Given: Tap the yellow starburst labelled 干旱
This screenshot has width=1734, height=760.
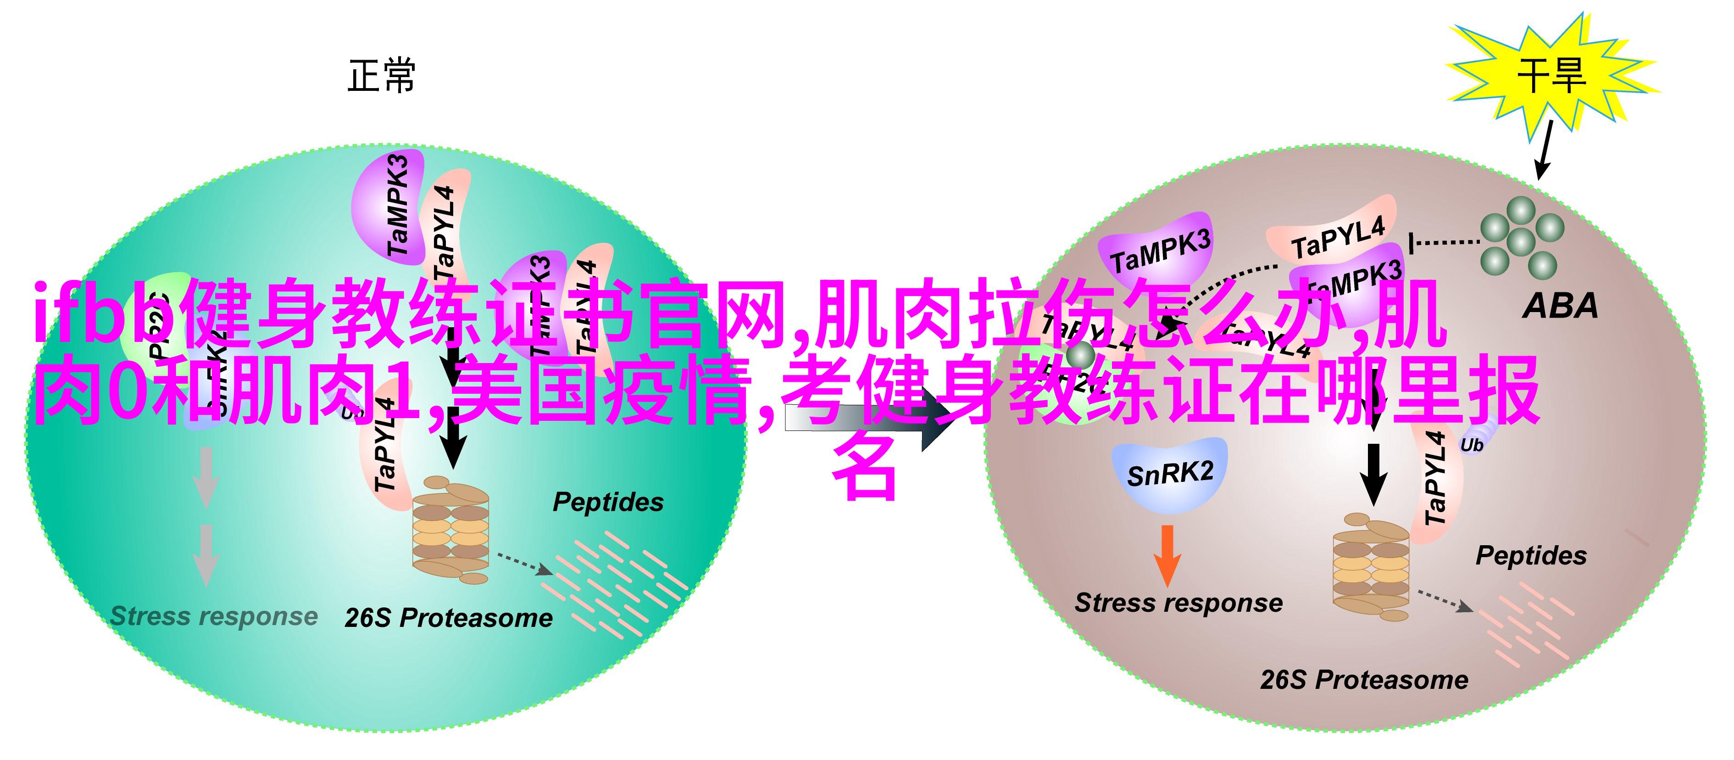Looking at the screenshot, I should [x=1551, y=75].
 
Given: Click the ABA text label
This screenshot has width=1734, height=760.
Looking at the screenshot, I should [x=1560, y=306].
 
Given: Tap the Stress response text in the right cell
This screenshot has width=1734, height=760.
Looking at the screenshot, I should [x=1178, y=603].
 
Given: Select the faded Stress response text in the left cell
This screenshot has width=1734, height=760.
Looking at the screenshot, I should [x=213, y=616].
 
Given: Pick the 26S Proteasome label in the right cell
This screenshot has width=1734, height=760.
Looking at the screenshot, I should [x=1364, y=680].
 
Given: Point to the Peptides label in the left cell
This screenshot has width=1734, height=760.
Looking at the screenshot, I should [x=608, y=502].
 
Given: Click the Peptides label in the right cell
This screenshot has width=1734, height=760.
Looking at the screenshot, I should [x=1531, y=555].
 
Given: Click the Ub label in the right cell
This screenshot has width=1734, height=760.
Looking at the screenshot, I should [x=1472, y=445].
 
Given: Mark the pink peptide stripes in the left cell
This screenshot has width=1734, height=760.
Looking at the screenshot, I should [x=612, y=582].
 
